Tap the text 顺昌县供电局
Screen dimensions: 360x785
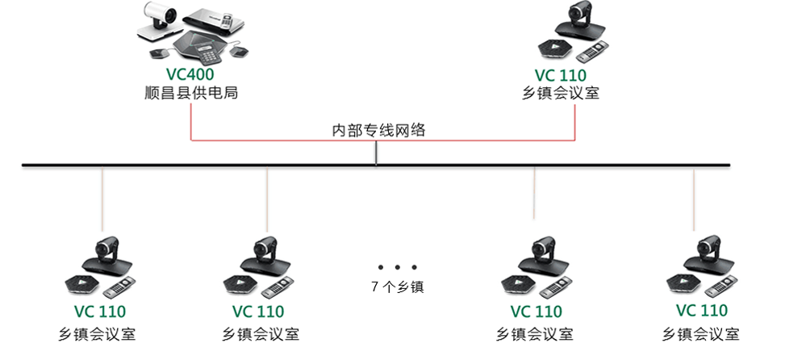[190, 94]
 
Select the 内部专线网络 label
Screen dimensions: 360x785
[378, 129]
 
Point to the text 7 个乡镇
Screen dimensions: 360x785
[397, 286]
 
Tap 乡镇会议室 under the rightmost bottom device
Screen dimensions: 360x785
[700, 333]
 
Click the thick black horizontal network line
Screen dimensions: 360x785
[242, 165]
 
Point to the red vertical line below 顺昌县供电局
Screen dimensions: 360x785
[190, 121]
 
